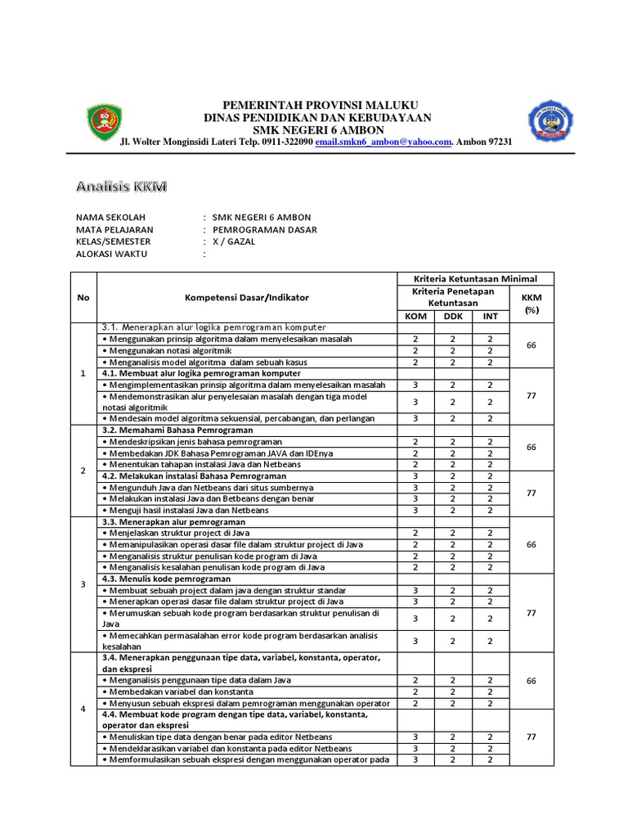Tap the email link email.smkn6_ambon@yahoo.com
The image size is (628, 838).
384,142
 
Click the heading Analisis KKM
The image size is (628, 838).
121,187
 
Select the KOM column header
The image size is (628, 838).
416,317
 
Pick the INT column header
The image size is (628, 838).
491,317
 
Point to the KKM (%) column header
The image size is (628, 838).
532,304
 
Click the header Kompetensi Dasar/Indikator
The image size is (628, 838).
247,298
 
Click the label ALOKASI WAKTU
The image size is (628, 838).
111,255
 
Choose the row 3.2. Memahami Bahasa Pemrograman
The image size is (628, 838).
177,430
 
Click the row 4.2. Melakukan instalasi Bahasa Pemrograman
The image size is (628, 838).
194,475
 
